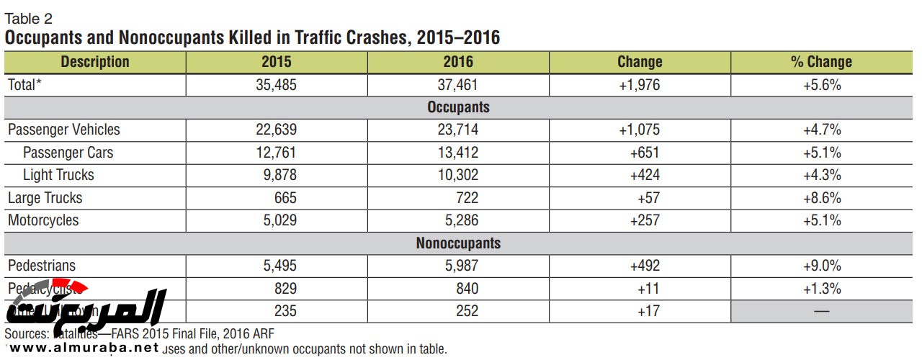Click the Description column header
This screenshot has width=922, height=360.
tap(95, 62)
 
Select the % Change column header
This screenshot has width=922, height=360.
tap(821, 62)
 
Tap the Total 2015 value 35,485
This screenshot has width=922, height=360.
tap(277, 85)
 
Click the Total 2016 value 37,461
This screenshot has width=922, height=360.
tap(458, 85)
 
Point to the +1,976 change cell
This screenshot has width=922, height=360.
tap(639, 85)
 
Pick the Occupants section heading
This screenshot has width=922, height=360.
tap(458, 107)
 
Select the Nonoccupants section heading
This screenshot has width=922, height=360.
tap(458, 243)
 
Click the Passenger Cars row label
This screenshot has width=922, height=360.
tap(68, 153)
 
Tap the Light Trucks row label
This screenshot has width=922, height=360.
tap(58, 175)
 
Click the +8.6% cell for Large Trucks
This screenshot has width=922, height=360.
tap(822, 198)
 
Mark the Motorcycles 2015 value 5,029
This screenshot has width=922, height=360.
tap(277, 220)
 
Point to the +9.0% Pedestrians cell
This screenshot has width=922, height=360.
tap(822, 266)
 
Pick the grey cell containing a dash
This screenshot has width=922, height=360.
tap(822, 311)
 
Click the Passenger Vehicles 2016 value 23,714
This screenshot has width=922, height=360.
tap(458, 130)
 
